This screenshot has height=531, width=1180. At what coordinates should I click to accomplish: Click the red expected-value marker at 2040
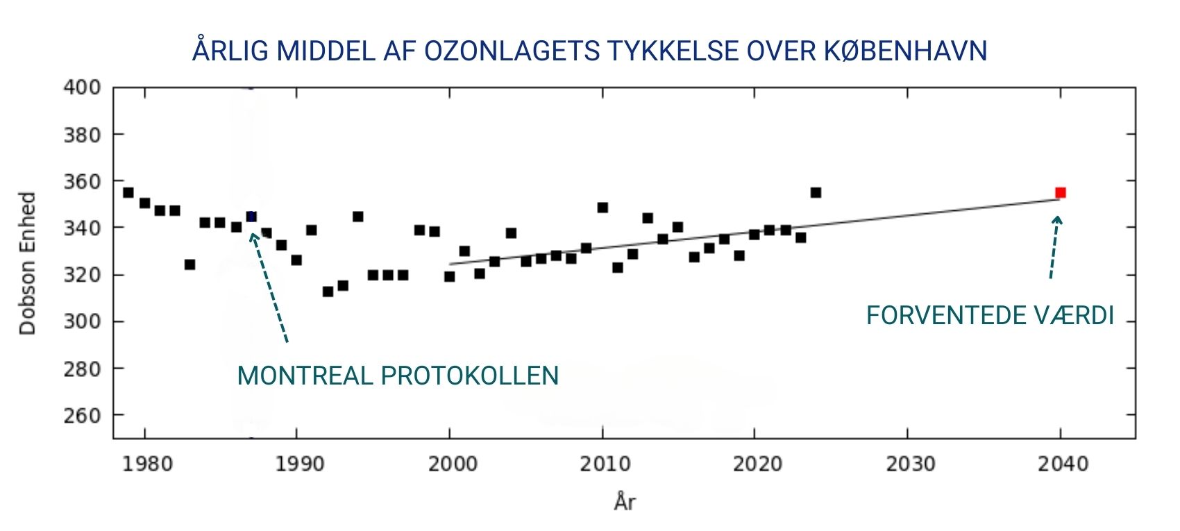coord(1060,192)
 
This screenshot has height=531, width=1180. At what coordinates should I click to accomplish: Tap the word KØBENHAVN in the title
coord(905,51)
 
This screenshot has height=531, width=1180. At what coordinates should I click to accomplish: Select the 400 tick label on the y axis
coord(82,87)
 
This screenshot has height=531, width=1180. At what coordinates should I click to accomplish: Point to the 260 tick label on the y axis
coord(82,415)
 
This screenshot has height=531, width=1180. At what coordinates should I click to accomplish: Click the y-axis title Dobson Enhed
coord(27,264)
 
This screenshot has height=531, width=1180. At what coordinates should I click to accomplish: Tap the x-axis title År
coord(625,501)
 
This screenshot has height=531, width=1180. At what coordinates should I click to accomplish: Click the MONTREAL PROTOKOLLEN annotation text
coord(398,376)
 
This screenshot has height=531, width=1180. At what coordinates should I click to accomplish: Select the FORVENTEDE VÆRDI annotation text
coord(990,316)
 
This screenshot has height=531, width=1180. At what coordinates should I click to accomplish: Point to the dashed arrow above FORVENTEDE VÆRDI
coord(1054,247)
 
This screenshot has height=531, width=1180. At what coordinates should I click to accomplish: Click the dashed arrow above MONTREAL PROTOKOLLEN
coord(269,287)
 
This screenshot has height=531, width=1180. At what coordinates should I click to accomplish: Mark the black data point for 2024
coord(816,192)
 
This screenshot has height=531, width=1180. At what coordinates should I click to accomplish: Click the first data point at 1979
coord(128,192)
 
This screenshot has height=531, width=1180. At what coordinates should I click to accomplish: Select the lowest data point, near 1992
coord(328,292)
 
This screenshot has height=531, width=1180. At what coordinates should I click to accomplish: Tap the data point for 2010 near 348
coord(602,208)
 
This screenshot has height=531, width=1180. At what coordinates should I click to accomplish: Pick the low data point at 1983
coord(189,264)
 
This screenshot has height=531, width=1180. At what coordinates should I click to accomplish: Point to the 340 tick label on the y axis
coord(82,228)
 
